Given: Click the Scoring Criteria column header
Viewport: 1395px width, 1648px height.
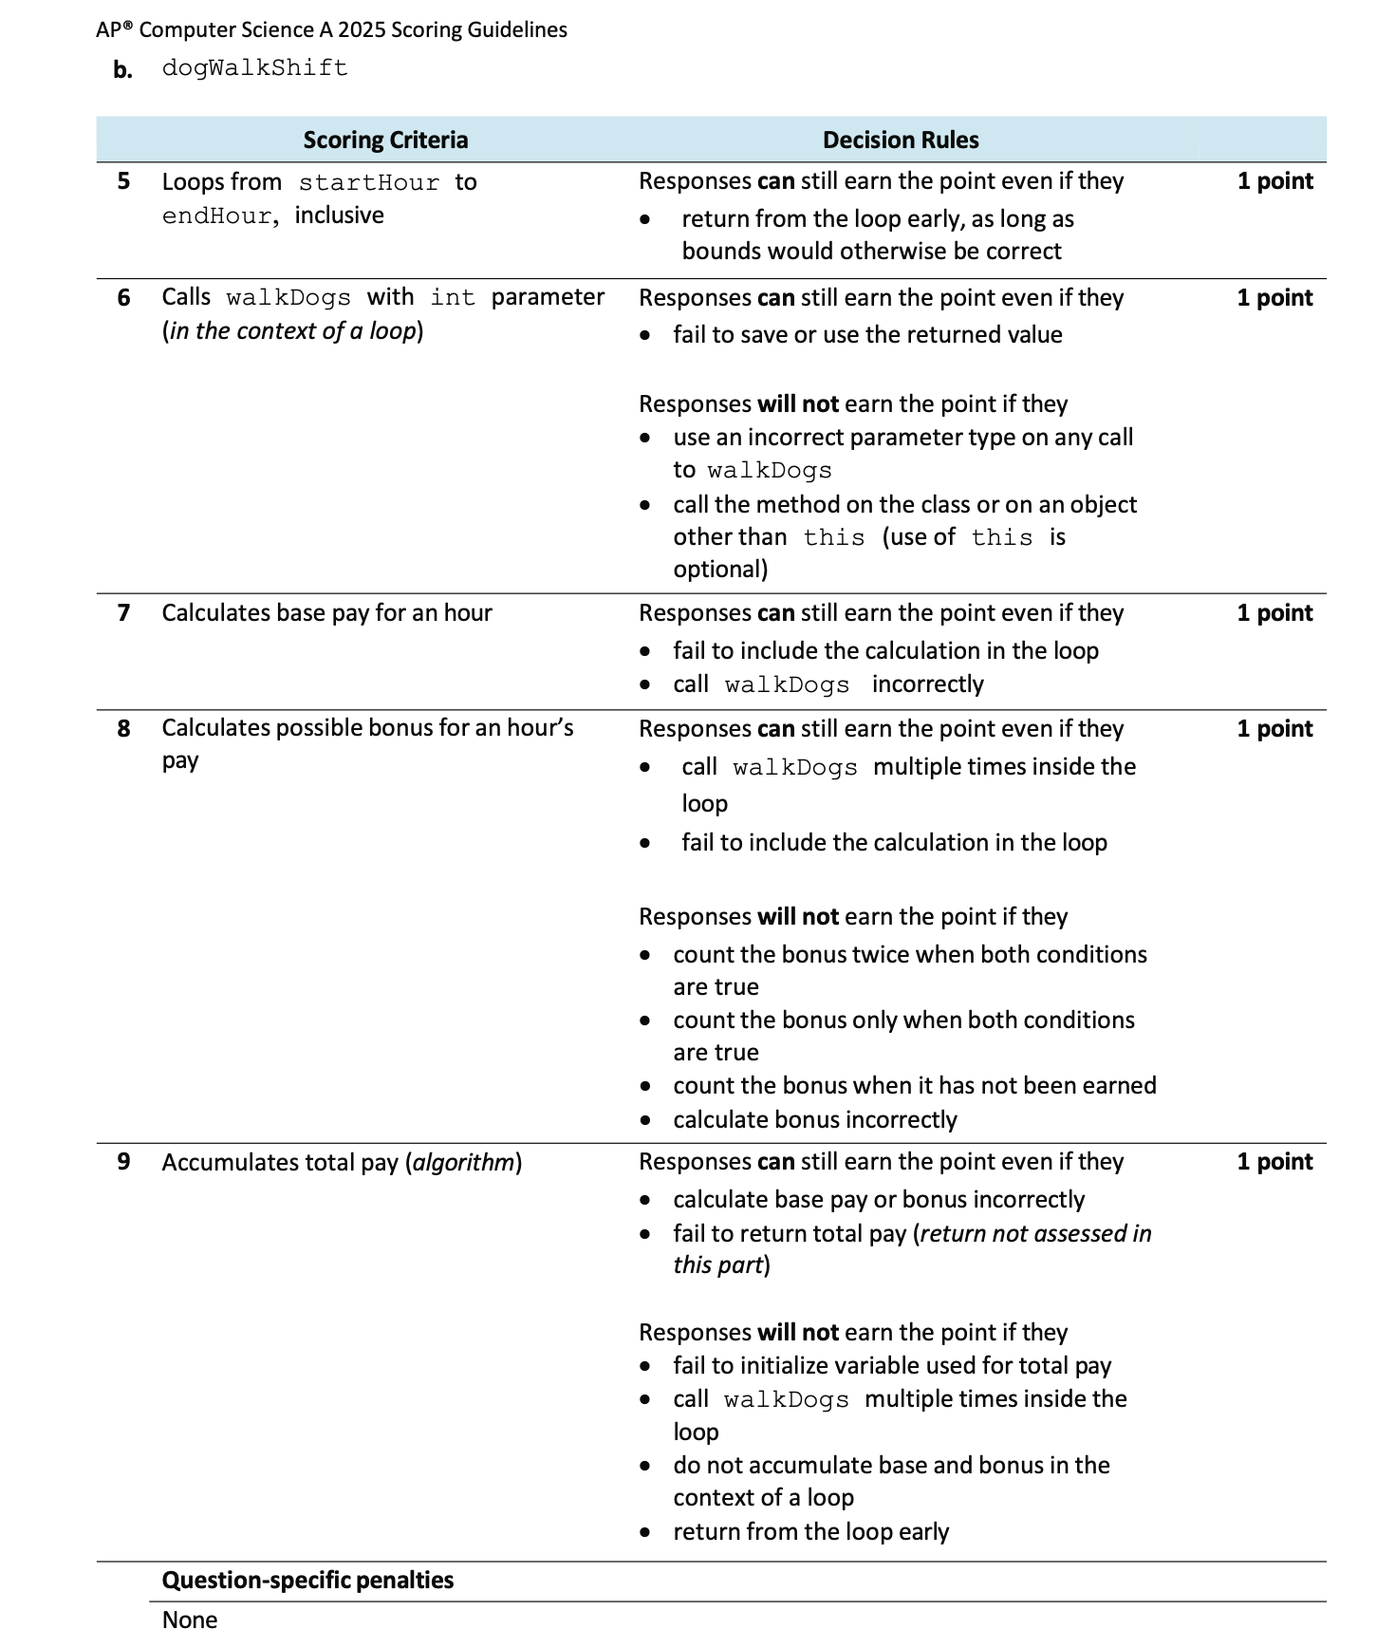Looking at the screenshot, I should click(385, 140).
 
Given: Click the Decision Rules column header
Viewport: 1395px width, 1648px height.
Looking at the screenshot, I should click(900, 140).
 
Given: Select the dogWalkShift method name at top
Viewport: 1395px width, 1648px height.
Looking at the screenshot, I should click(254, 68).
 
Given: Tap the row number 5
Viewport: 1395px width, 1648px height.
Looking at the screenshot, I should click(123, 181).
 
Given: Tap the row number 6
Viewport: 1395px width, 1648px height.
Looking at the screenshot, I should click(123, 297).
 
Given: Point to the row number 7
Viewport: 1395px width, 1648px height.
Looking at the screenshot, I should click(123, 612).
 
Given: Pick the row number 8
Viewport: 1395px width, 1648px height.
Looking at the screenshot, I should click(123, 728).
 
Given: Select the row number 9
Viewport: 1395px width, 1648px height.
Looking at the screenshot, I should click(123, 1161).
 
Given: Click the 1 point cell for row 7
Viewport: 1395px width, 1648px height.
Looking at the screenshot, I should click(1274, 612).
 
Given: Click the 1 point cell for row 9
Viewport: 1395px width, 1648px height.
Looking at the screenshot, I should click(1274, 1161).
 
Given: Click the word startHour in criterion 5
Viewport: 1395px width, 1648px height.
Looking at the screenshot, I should click(368, 182).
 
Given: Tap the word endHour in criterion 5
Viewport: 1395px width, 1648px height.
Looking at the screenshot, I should click(216, 216).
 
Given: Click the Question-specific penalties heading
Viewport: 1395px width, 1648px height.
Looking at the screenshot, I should click(307, 1580).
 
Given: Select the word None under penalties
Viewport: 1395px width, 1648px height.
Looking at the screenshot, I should click(189, 1620).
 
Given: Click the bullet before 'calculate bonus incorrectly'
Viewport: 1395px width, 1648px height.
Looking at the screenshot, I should click(645, 1120).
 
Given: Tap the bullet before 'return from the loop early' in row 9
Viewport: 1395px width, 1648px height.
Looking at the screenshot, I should click(645, 1532).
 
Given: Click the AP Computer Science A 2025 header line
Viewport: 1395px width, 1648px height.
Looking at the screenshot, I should click(331, 29).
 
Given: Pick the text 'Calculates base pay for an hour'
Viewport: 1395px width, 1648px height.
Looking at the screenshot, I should click(326, 612).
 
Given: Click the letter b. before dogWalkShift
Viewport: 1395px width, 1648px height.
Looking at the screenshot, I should click(122, 69).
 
